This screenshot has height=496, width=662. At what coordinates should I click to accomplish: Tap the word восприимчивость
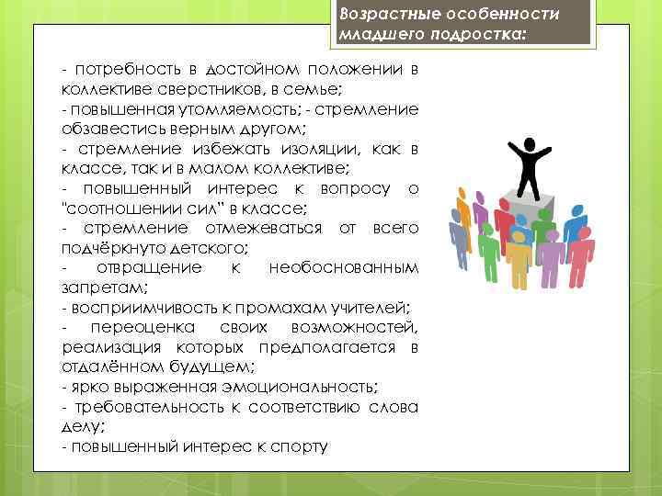[139, 307]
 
